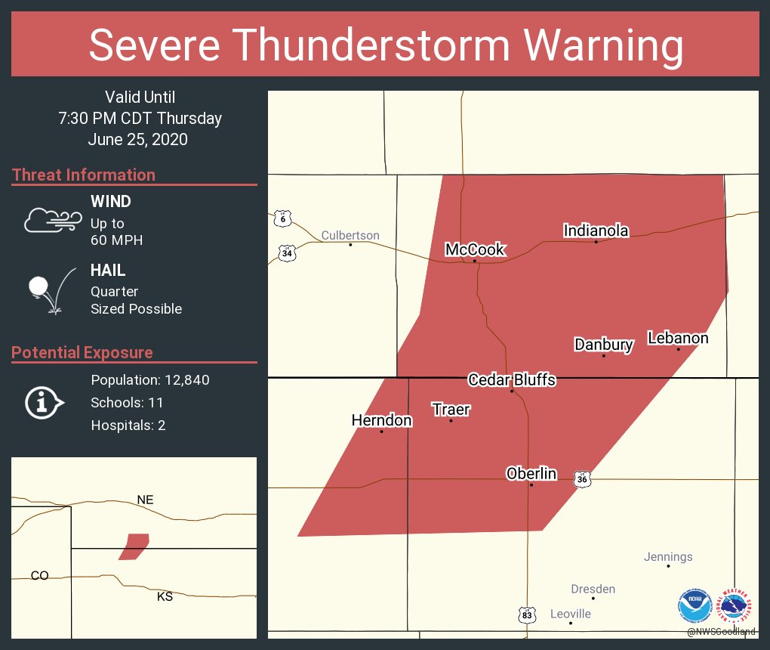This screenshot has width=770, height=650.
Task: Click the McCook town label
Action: click(x=474, y=249)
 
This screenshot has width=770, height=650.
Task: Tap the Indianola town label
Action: click(x=596, y=231)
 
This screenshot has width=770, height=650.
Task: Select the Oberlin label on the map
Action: click(x=531, y=474)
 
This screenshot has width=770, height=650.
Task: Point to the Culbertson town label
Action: click(x=350, y=236)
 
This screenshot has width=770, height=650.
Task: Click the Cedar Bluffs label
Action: click(x=512, y=379)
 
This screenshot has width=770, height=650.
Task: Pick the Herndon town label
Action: click(x=381, y=420)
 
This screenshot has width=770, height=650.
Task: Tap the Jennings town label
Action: click(x=668, y=557)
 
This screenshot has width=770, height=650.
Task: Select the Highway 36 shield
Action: click(x=581, y=479)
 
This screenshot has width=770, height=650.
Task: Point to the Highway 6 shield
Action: click(x=282, y=218)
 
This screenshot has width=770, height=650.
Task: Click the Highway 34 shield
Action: click(x=286, y=252)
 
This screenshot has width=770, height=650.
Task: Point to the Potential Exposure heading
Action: click(x=82, y=352)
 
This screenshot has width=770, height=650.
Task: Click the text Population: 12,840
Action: click(x=150, y=379)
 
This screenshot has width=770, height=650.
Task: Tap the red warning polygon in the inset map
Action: click(x=134, y=546)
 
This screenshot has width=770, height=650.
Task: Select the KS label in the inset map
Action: click(x=165, y=596)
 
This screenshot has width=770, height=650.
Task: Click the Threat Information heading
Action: click(x=84, y=175)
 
